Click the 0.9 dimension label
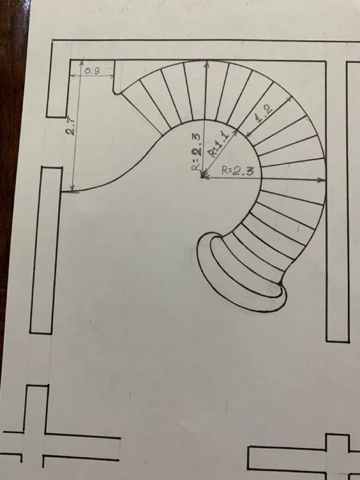click(x=92, y=71)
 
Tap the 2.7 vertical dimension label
click(x=70, y=127)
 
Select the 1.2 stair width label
click(x=264, y=114)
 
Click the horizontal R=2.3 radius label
click(x=238, y=171)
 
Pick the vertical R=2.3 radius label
click(x=197, y=152)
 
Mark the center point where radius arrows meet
click(x=203, y=176)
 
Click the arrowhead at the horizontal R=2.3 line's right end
click(x=322, y=180)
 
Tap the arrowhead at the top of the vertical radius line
click(x=207, y=64)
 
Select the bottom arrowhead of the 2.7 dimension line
click(x=73, y=188)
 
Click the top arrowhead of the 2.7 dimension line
click(x=82, y=63)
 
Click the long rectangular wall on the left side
click(x=46, y=250)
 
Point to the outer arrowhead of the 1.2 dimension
click(x=289, y=98)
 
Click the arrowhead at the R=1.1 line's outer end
click(x=235, y=132)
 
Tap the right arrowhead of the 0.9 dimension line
click(x=112, y=76)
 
